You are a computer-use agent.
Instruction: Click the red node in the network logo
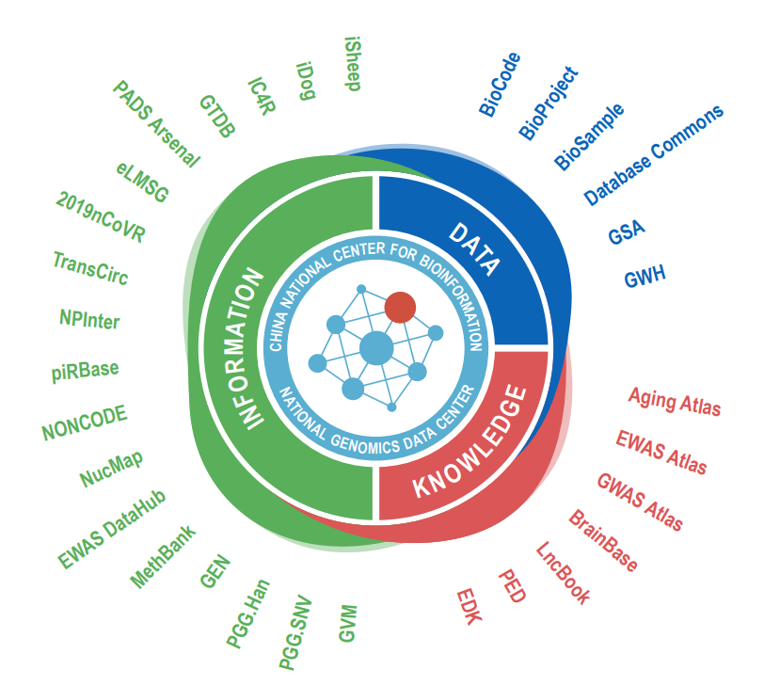tap(400, 307)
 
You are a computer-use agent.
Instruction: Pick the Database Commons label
tap(654, 154)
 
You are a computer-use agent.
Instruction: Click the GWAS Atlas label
tap(640, 501)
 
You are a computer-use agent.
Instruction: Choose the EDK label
tap(469, 608)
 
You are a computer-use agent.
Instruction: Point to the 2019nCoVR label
tap(101, 217)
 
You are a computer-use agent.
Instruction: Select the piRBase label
tap(86, 369)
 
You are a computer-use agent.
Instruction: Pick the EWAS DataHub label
tap(112, 529)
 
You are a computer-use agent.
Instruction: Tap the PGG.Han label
tap(248, 614)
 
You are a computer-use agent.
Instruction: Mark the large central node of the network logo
tap(376, 349)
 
